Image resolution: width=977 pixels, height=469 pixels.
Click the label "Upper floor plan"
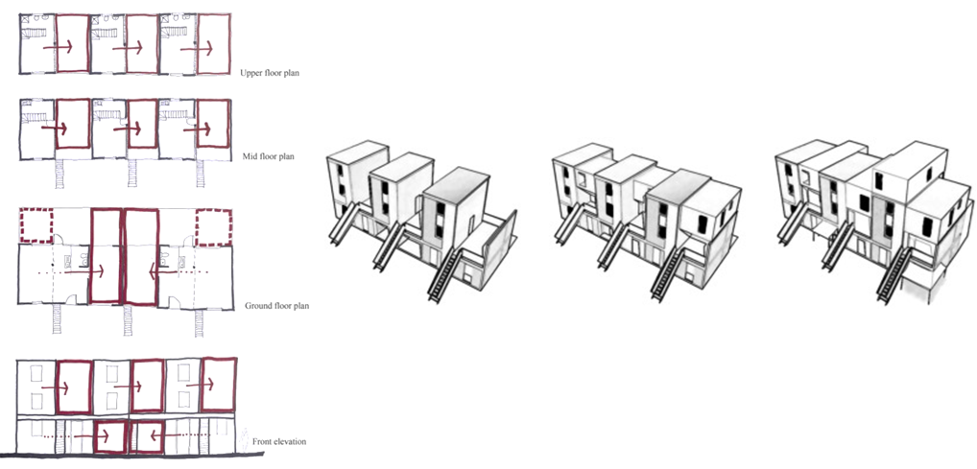click(269, 73)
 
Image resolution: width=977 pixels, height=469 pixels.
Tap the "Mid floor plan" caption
click(268, 157)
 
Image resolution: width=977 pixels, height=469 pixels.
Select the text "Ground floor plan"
click(276, 306)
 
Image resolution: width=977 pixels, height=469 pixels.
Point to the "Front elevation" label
click(279, 441)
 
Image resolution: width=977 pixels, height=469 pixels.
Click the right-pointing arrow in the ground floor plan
click(84, 271)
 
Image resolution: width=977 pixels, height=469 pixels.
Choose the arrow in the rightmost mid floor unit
click(205, 130)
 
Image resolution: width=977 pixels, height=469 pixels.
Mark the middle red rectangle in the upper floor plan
click(141, 43)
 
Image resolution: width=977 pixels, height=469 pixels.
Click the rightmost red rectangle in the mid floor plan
click(212, 124)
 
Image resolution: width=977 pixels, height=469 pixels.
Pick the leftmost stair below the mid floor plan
click(60, 173)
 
